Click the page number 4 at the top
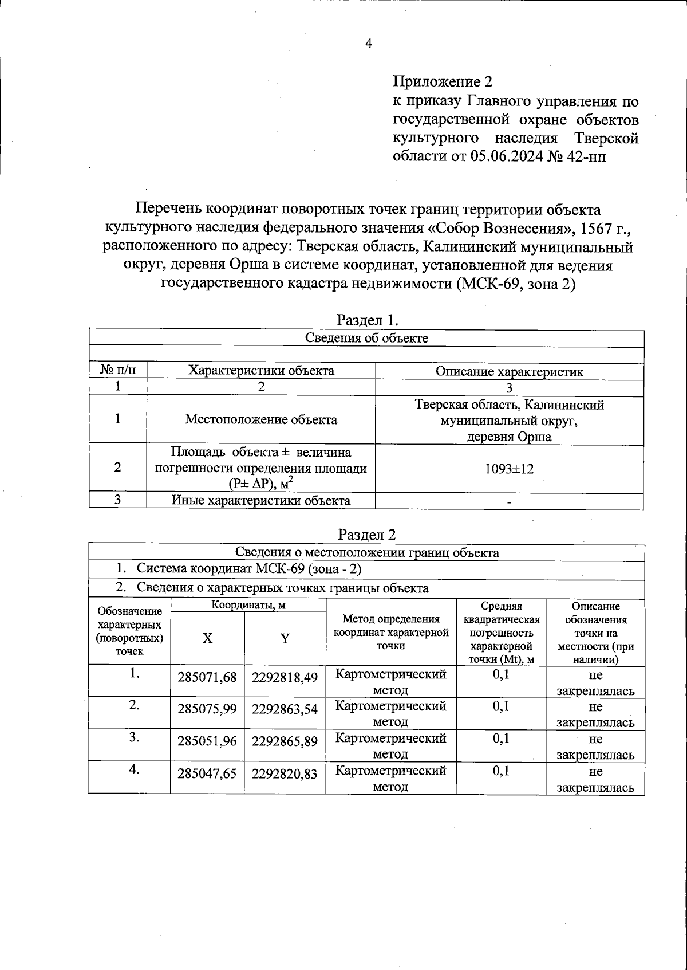pos(368,44)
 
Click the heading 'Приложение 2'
pos(443,82)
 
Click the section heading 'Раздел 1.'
pos(367,319)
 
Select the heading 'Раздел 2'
pos(367,534)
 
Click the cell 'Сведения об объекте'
pos(366,337)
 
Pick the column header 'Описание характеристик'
pos(509,371)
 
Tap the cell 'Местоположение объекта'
pos(261,419)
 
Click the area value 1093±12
pos(509,469)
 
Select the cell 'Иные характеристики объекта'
pos(261,501)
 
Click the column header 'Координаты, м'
pos(248,605)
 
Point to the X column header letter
pos(207,638)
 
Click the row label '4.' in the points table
pos(134,770)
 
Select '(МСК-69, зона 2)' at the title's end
pos(515,284)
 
